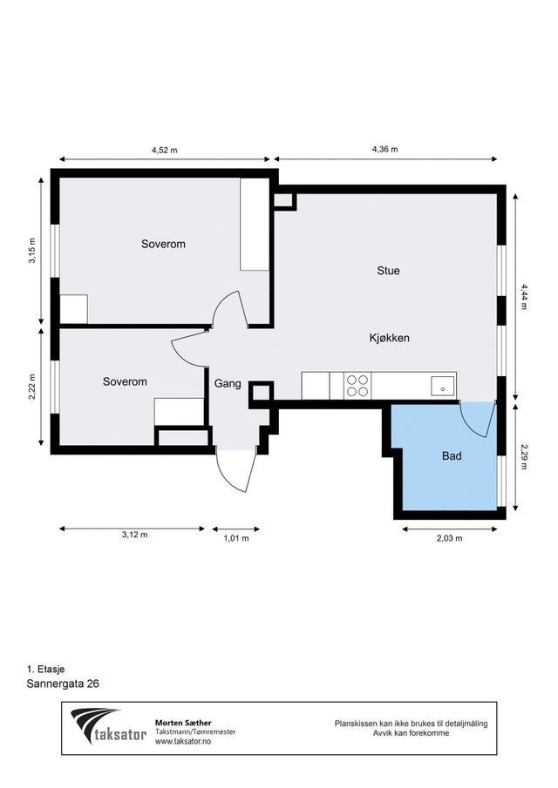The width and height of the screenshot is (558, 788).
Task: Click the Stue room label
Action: coord(388,271)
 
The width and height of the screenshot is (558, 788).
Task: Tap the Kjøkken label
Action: coord(389,338)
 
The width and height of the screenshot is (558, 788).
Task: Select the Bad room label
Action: coord(452,455)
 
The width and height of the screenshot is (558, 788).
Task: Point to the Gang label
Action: coord(227,381)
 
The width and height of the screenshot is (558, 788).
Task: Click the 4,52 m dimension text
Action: coord(164,150)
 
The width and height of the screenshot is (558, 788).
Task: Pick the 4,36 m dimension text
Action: coord(384,150)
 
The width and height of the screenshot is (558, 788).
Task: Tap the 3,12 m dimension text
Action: coord(134,534)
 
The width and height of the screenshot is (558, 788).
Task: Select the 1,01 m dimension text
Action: coord(235,538)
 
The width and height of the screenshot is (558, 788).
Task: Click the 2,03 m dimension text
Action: coord(451,538)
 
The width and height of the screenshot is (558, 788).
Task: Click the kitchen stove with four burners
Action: coord(357,385)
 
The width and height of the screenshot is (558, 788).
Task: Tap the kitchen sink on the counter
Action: coord(443,384)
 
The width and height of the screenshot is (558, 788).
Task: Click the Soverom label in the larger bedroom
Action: coord(163,245)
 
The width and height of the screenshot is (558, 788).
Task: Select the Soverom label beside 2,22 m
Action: coord(125,381)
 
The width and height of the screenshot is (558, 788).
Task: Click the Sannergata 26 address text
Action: coord(63,684)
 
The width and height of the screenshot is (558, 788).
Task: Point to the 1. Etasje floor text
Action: coord(45,669)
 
